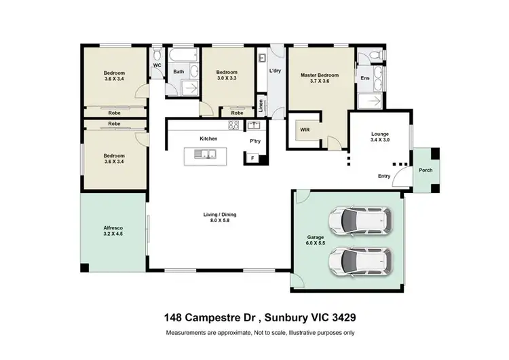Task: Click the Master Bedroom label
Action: pyautogui.click(x=319, y=75)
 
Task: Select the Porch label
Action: pyautogui.click(x=426, y=170)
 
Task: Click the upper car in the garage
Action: pyautogui.click(x=360, y=219)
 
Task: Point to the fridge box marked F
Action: pyautogui.click(x=253, y=158)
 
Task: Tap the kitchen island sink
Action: pyautogui.click(x=204, y=156)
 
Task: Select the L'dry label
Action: pyautogui.click(x=275, y=71)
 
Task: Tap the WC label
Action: pyautogui.click(x=156, y=65)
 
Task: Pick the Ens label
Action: pyautogui.click(x=364, y=78)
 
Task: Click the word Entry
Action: pyautogui.click(x=384, y=177)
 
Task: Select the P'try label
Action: pyautogui.click(x=255, y=141)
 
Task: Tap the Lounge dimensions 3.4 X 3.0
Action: pyautogui.click(x=379, y=141)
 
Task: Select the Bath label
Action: pyautogui.click(x=179, y=71)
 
